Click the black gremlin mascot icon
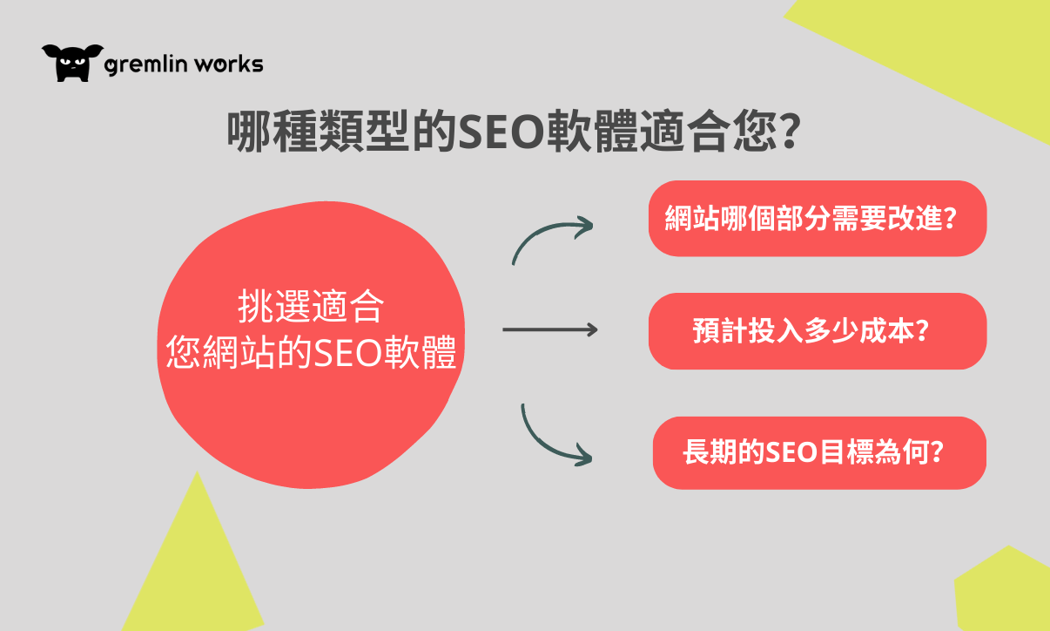click(x=72, y=63)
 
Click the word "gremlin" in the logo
click(x=145, y=64)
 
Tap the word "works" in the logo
click(x=229, y=64)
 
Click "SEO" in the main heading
click(x=501, y=132)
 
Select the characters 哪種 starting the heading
click(x=273, y=132)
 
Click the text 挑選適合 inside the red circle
click(x=311, y=307)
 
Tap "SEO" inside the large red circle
click(x=347, y=352)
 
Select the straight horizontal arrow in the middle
click(x=550, y=329)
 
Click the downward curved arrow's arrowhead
click(x=583, y=455)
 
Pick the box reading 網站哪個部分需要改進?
click(x=818, y=219)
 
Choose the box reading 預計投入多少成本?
click(x=818, y=331)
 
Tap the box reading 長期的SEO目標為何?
click(x=819, y=453)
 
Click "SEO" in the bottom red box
click(x=791, y=452)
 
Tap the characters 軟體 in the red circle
click(x=420, y=352)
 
